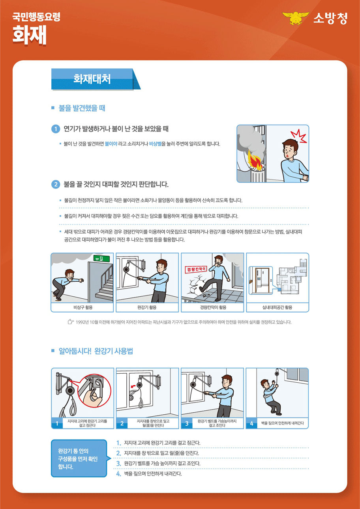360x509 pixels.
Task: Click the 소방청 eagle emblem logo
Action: click(x=294, y=19)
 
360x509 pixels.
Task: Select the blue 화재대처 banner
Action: click(x=92, y=79)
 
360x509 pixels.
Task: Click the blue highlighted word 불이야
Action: click(x=111, y=144)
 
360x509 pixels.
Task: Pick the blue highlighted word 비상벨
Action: click(x=156, y=144)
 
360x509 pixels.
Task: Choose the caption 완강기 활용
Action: click(x=147, y=307)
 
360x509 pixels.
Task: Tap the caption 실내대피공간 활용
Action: click(x=277, y=307)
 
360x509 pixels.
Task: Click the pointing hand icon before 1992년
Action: click(x=71, y=322)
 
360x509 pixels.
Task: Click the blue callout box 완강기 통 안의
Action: click(x=79, y=458)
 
